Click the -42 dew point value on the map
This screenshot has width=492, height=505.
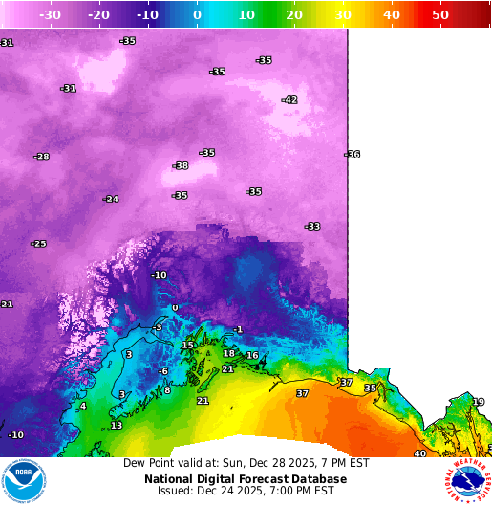pos(289,100)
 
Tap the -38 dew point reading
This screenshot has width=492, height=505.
pos(181,166)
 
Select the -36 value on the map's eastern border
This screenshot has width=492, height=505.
pos(353,155)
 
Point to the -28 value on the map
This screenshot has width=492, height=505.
pos(41,157)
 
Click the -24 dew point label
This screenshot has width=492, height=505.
pos(111,200)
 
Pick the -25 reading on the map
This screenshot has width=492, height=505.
pos(38,244)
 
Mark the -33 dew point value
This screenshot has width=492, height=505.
pos(312,227)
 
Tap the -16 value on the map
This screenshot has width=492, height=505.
pos(251,356)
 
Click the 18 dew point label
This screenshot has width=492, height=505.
pos(228,353)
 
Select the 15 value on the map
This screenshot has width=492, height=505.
pos(188,346)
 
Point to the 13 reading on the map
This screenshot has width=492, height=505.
pos(116,426)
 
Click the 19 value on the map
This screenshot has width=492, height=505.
pos(478,402)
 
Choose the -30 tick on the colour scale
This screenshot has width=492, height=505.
pos(51,15)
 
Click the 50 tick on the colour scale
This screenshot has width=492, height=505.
pos(440,15)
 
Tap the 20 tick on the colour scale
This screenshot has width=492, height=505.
pos(294,15)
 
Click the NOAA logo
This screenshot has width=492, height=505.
pos(24,481)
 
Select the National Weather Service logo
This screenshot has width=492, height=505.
pos(467,481)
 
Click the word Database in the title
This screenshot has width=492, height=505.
pos(316,479)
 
